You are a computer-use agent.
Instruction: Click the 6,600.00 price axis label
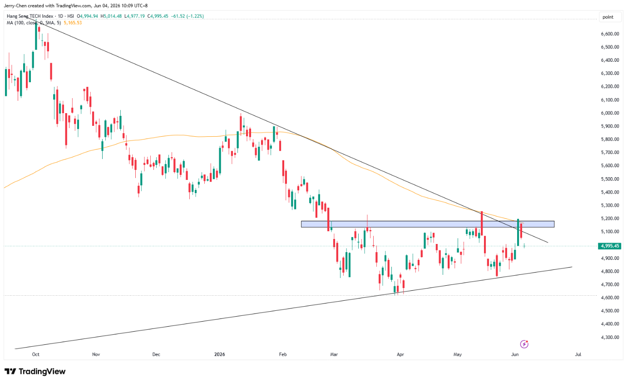pos(610,34)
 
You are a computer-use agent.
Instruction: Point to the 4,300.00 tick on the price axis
pos(610,337)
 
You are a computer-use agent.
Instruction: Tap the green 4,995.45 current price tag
pos(609,246)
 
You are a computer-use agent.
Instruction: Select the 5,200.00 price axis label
pos(610,219)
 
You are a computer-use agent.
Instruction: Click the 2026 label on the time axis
pos(219,354)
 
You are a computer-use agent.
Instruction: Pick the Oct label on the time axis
pos(35,354)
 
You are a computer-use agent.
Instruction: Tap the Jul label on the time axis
pos(578,354)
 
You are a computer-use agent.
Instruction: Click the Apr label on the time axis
pos(400,354)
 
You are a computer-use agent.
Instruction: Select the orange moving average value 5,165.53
pos(73,23)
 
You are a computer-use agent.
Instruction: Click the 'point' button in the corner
pos(608,17)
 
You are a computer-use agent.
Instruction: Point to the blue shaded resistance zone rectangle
pos(427,224)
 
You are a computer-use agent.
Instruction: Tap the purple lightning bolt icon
pos(524,344)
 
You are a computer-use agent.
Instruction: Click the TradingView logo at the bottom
pos(35,372)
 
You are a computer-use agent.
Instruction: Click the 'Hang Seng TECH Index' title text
pos(30,16)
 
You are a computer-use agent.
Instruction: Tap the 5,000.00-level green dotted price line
pos(301,246)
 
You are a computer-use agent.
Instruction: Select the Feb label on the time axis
pos(283,354)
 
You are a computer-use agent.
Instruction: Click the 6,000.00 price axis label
pos(610,113)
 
